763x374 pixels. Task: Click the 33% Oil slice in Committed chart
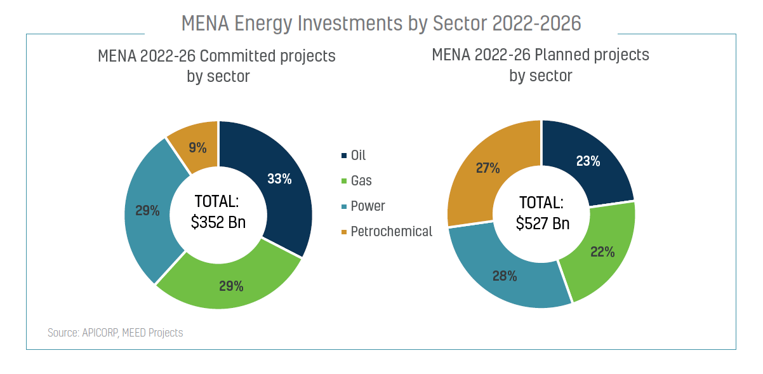point(279,180)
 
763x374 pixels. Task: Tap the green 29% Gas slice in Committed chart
point(231,286)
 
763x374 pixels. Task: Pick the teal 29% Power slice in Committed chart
point(147,210)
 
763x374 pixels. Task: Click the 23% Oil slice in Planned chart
point(588,161)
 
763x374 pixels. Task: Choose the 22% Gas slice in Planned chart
point(602,251)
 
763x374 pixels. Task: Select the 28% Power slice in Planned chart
point(505,276)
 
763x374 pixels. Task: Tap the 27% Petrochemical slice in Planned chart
point(488,169)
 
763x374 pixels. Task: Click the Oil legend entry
point(357,156)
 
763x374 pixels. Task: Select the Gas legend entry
point(361,181)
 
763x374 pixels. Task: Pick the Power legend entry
point(367,206)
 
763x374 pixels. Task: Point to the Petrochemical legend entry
point(390,232)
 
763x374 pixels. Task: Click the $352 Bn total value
point(218,223)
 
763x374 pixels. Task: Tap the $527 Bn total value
point(542,224)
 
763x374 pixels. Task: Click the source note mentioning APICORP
point(115,333)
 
